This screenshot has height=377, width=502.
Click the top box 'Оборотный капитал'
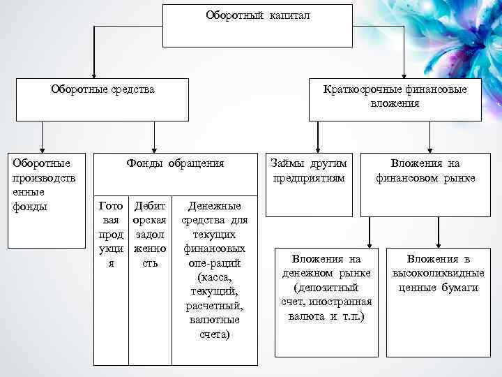(257, 25)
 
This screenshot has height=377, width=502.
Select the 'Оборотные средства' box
(103, 99)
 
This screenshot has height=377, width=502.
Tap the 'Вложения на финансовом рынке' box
(425, 170)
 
